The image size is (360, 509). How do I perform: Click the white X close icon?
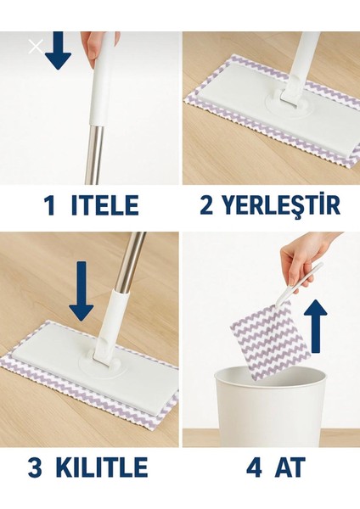[36, 47]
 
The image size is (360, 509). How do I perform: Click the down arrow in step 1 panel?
[59, 51]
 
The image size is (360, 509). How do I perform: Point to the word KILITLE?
[102, 467]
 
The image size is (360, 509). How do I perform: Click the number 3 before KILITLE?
[35, 467]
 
